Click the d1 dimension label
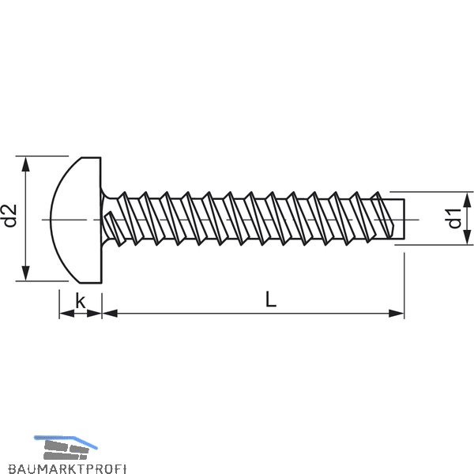point(454,218)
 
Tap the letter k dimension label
point(81,301)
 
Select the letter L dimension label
point(271,299)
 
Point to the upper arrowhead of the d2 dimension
point(26,165)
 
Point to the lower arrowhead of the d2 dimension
point(26,273)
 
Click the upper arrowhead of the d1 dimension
point(467,200)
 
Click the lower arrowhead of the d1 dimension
point(467,237)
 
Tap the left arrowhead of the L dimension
point(110,314)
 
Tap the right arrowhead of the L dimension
point(396,314)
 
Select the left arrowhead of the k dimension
point(67,314)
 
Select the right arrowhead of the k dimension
point(94,314)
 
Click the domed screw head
point(76,220)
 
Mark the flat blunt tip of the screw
point(404,218)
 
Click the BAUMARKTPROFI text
point(67,468)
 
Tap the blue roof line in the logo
point(66,440)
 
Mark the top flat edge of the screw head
point(91,157)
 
